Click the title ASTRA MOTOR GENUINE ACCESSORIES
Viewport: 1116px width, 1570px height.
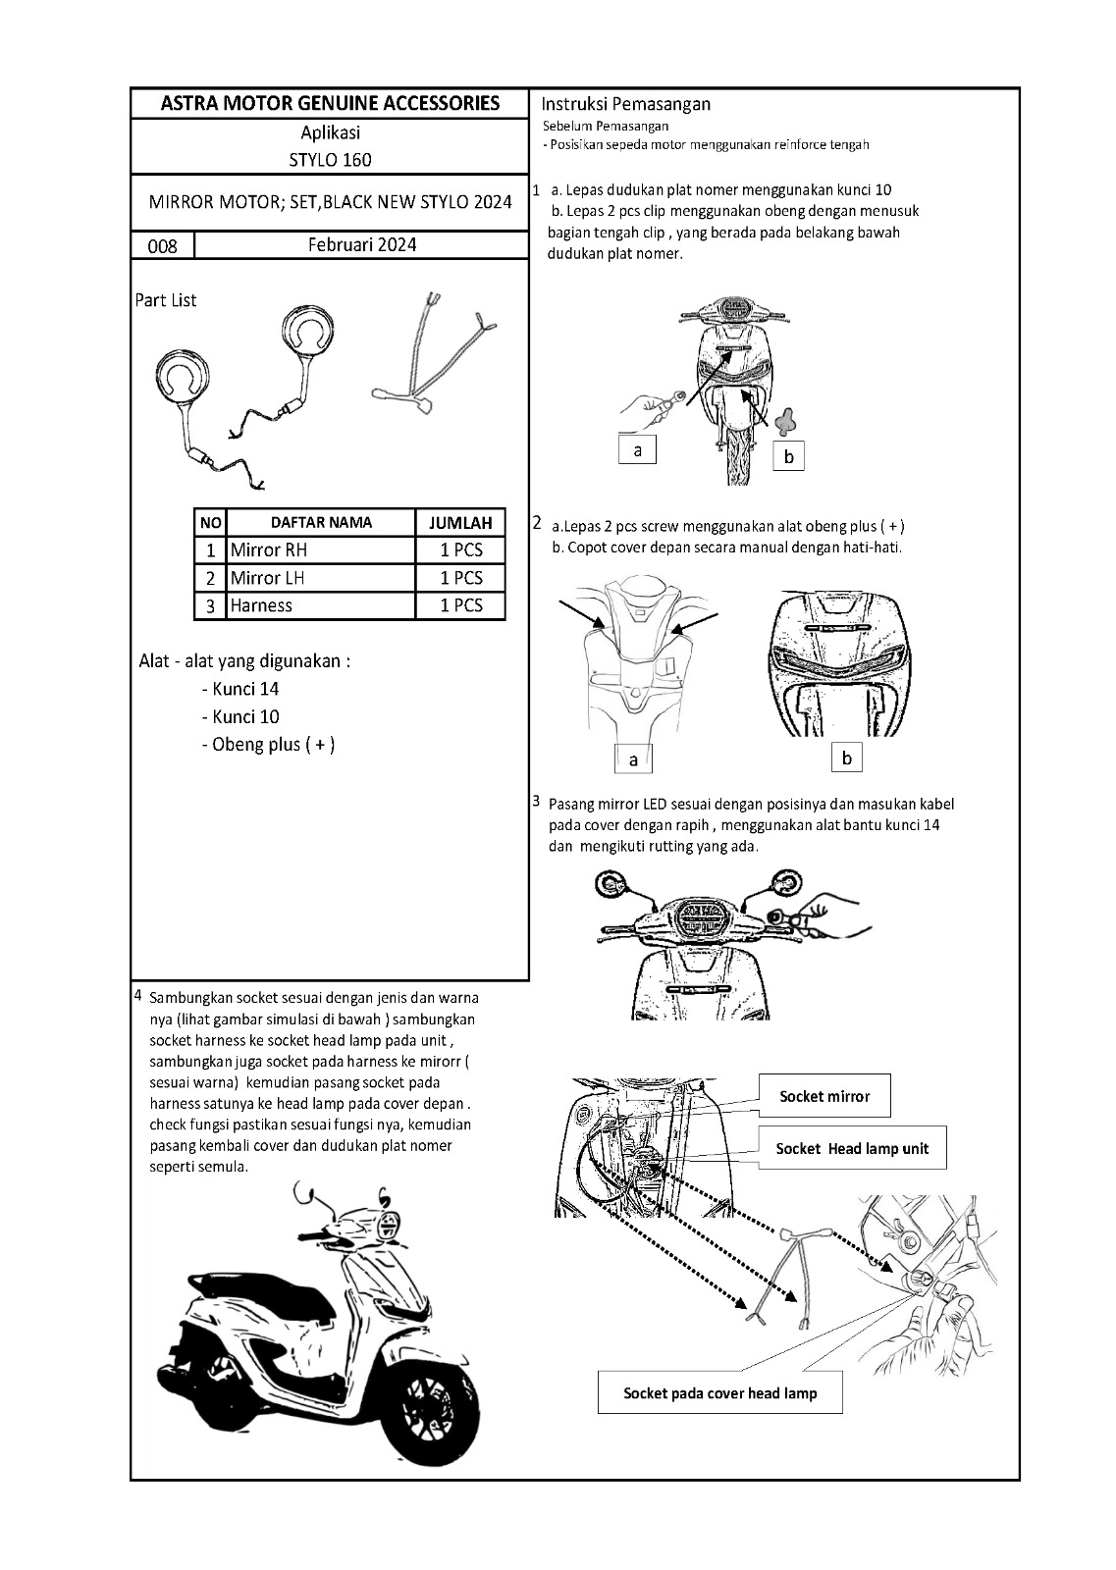pyautogui.click(x=330, y=103)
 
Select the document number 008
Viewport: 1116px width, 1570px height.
pyautogui.click(x=162, y=246)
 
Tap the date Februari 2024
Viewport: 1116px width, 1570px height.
pyautogui.click(x=361, y=244)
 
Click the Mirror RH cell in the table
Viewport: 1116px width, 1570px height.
pyautogui.click(x=269, y=550)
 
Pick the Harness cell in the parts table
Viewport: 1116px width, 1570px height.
pyautogui.click(x=261, y=605)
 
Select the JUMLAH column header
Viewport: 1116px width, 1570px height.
pyautogui.click(x=460, y=523)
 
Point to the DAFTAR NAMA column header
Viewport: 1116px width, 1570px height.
pyautogui.click(x=321, y=523)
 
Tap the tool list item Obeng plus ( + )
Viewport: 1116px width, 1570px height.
pyautogui.click(x=268, y=744)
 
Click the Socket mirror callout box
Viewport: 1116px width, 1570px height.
pyautogui.click(x=824, y=1096)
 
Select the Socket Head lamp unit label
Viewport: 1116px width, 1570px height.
pyautogui.click(x=852, y=1148)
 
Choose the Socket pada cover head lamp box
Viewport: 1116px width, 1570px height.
pyautogui.click(x=719, y=1392)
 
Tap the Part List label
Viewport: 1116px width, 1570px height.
pyautogui.click(x=166, y=300)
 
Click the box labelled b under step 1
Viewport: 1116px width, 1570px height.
pyautogui.click(x=788, y=456)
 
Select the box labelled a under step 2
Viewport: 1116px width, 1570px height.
pyautogui.click(x=633, y=759)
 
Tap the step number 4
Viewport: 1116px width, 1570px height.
pyautogui.click(x=138, y=995)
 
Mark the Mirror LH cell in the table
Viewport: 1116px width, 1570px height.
pyautogui.click(x=268, y=578)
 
